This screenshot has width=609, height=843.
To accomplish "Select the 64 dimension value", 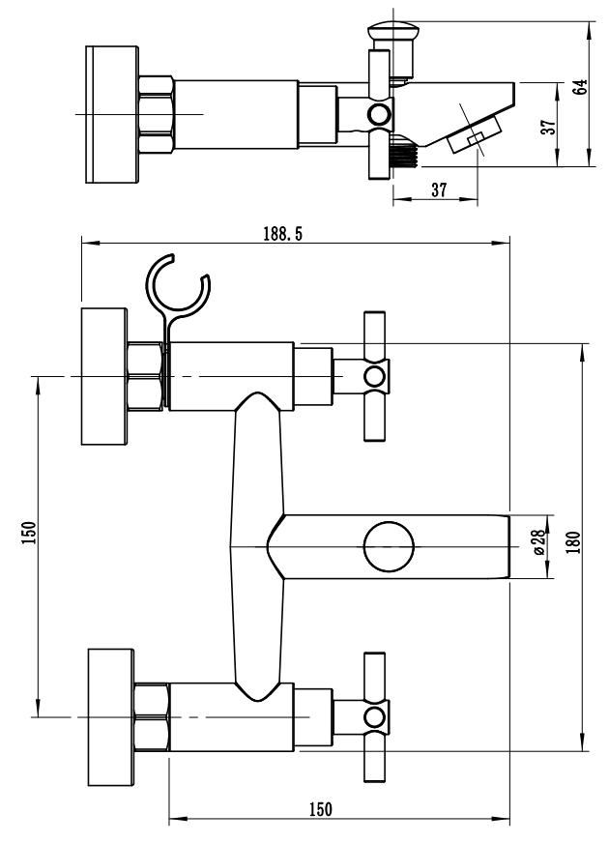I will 579,86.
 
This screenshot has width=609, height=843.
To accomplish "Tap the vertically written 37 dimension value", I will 548,126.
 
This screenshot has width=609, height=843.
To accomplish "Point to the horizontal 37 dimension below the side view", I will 438,189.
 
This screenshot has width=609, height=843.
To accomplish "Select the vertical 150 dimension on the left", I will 28,534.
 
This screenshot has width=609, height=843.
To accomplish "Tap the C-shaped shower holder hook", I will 177,287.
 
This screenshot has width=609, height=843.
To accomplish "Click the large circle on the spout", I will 389,547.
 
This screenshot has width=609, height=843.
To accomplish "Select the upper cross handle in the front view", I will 374,375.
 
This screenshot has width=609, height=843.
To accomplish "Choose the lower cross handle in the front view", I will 374,716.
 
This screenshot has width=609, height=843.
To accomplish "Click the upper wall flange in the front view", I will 104,376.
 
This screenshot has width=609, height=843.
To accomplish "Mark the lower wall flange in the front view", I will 109,716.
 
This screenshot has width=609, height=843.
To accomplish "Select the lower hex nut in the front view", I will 153,716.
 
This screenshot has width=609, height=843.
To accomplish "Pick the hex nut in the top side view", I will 156,113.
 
